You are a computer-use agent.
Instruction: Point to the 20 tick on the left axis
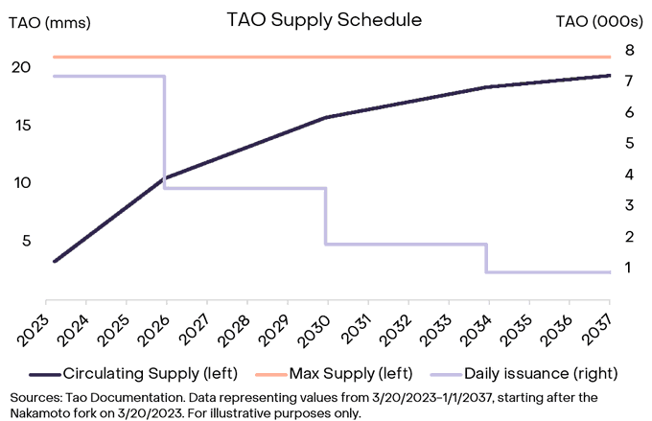(x=21, y=67)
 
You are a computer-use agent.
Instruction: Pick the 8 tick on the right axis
(x=630, y=50)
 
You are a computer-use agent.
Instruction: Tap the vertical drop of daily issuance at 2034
(x=487, y=258)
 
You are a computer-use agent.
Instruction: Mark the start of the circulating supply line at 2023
(x=55, y=261)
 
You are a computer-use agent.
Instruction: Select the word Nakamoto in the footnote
(x=44, y=411)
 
